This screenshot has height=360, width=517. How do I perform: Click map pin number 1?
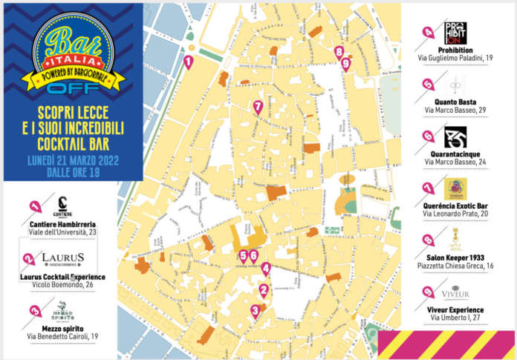189,62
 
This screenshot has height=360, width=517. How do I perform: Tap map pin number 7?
258,107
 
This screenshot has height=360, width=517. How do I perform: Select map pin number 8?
339,52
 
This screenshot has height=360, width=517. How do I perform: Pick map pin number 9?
345,63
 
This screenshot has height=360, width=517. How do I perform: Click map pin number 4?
266,270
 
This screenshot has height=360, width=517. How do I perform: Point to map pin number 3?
255,311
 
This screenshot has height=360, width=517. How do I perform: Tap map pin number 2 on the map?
263,290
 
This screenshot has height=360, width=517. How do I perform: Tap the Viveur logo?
455,292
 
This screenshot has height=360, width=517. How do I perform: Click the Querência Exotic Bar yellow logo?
455,189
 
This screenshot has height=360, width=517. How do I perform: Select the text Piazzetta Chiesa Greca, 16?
455,266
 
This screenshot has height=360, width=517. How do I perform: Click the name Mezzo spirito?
63,328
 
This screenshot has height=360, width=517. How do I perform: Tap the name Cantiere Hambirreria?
63,223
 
